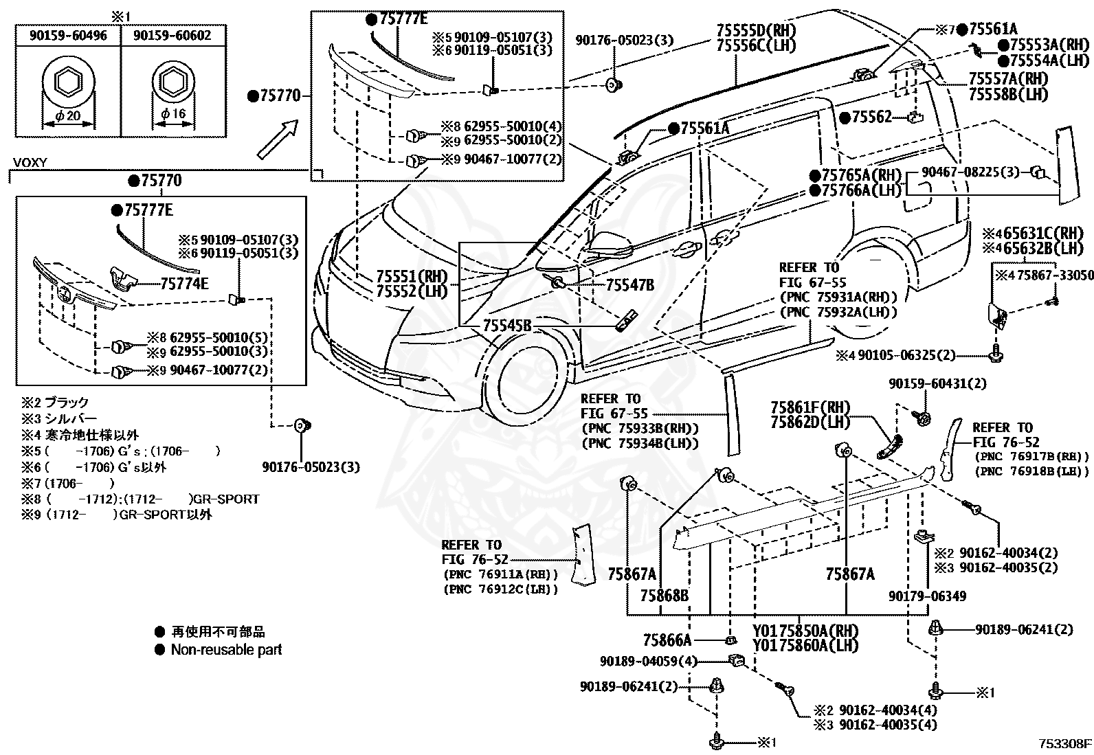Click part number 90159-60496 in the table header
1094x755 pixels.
pyautogui.click(x=68, y=36)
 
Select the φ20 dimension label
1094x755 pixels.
pyautogui.click(x=68, y=115)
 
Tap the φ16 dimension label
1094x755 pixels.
pyautogui.click(x=173, y=114)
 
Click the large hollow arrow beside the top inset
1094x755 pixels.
pyautogui.click(x=278, y=139)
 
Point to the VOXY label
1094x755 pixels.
pyautogui.click(x=30, y=163)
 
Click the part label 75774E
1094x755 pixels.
pyautogui.click(x=184, y=284)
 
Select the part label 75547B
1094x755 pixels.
pyautogui.click(x=629, y=284)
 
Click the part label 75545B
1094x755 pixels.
pyautogui.click(x=507, y=325)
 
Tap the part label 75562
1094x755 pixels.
pyautogui.click(x=871, y=117)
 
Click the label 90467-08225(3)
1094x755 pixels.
pyautogui.click(x=970, y=172)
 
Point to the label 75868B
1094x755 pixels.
pyautogui.click(x=665, y=596)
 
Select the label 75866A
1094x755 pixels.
pyautogui.click(x=667, y=640)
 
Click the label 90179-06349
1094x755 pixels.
pyautogui.click(x=928, y=596)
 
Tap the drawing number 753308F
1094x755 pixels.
pyautogui.click(x=1064, y=744)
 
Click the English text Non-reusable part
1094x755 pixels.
pyautogui.click(x=227, y=649)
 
